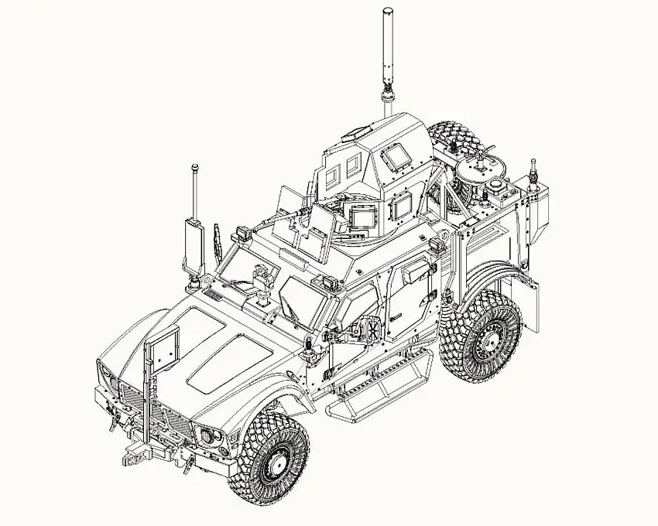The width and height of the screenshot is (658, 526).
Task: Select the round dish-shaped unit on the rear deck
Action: pos(478,166)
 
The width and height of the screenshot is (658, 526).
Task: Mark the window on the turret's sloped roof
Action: pos(396,157)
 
